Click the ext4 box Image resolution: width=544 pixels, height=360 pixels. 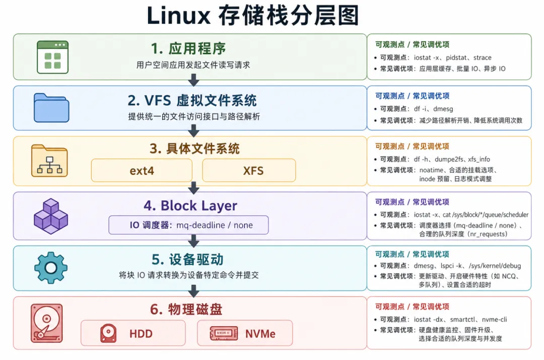click(x=142, y=170)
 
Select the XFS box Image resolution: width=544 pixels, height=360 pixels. click(x=249, y=170)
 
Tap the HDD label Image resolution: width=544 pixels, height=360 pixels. click(x=141, y=334)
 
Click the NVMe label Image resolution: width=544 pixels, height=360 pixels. click(x=260, y=334)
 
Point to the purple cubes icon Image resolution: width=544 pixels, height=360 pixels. click(x=51, y=216)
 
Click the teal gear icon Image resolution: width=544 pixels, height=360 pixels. click(x=51, y=268)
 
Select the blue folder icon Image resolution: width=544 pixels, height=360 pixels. click(x=51, y=108)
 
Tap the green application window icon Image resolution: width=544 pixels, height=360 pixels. click(x=53, y=57)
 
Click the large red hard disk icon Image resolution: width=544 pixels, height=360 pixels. click(x=46, y=323)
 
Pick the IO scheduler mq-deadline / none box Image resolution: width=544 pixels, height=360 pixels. click(x=188, y=225)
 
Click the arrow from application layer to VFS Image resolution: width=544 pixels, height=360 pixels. click(x=193, y=80)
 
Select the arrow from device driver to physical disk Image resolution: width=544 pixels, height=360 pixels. click(x=193, y=291)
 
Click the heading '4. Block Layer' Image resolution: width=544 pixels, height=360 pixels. click(x=190, y=205)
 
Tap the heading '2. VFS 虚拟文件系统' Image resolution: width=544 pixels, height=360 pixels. click(x=192, y=101)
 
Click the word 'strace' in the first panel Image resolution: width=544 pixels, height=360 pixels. click(x=482, y=57)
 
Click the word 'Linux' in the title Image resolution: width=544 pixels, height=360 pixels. click(x=179, y=16)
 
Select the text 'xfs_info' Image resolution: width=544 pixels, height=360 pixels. click(x=479, y=160)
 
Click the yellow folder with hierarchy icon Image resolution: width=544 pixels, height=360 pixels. click(x=49, y=161)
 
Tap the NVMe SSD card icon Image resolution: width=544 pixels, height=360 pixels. click(x=224, y=333)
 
